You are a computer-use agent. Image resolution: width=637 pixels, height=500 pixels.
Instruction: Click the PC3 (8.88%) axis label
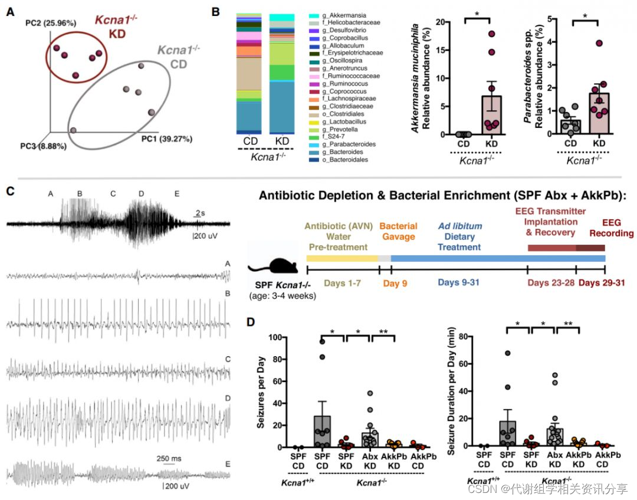(x=43, y=145)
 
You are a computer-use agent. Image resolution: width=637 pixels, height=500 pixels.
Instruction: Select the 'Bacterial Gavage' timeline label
(x=399, y=231)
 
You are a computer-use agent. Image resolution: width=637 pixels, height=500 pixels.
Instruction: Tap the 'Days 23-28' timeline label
(x=551, y=283)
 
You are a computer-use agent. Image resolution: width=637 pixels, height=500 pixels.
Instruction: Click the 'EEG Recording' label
(x=609, y=229)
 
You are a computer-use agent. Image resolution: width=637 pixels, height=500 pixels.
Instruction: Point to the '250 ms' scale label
(x=169, y=459)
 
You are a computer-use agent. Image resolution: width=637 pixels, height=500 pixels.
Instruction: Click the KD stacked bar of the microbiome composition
(x=281, y=74)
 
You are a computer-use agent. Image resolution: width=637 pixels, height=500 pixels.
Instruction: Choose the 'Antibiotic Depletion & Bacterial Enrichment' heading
(x=445, y=195)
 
